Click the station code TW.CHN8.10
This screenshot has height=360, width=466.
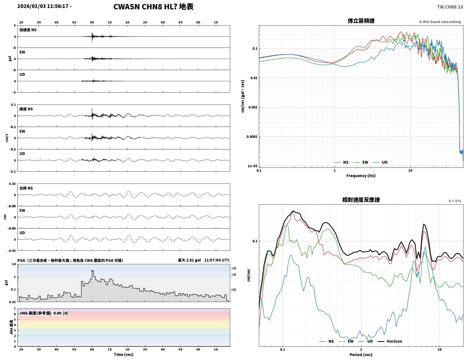pos(450,7)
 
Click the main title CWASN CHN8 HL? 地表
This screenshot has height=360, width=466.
pos(153,7)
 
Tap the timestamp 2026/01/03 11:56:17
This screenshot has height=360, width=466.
pos(43,6)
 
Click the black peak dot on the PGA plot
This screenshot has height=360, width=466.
pos(92,271)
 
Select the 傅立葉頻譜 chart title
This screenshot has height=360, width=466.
pos(361,21)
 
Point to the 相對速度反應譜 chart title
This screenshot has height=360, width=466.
pos(361,200)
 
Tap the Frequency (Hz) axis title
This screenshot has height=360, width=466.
pos(361,176)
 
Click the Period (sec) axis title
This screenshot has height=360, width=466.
pos(361,355)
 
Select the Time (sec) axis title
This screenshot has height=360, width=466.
pos(124,354)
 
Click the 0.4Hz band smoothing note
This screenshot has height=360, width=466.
pos(440,22)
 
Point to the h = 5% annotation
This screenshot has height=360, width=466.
pos(455,201)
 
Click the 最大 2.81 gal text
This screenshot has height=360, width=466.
pos(189,260)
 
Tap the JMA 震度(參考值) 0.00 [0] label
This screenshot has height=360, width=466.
pos(44,313)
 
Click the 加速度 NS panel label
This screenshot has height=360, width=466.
pos(28,30)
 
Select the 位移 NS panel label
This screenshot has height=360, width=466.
pos(26,188)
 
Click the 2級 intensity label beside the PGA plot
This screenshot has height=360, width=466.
pos(234,268)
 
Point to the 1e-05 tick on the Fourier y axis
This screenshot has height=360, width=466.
pos(252,166)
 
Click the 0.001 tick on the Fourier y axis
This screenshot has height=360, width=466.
pos(253,107)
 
